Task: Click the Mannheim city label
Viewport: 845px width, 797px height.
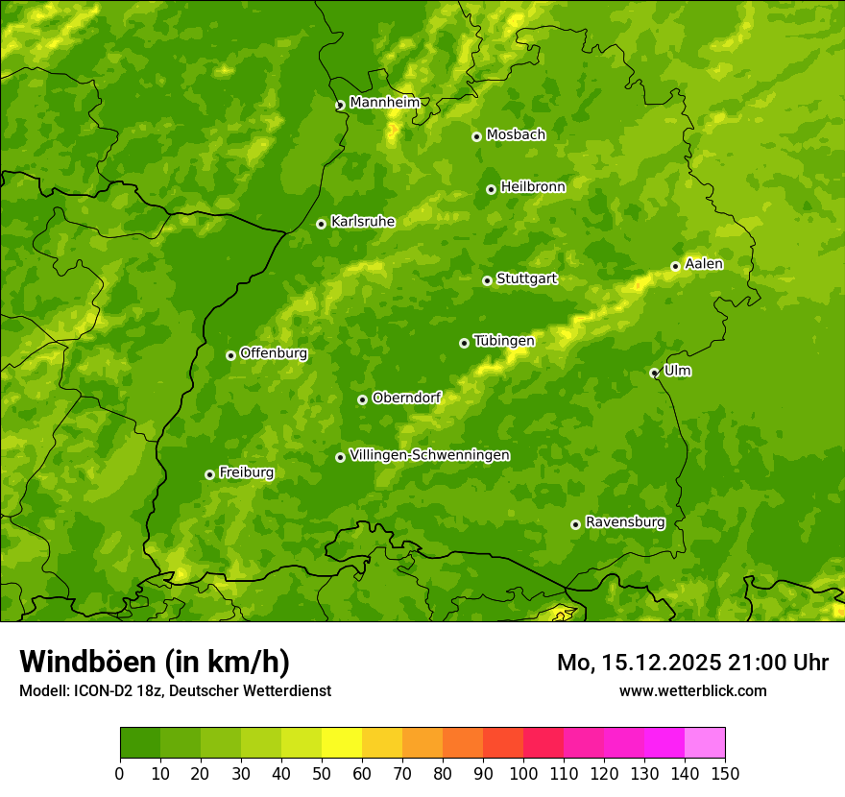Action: pos(384,103)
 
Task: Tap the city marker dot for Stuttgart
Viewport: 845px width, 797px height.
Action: pos(487,280)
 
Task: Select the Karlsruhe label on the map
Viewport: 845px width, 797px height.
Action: pos(362,222)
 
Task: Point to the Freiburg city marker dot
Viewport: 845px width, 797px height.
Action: pos(209,474)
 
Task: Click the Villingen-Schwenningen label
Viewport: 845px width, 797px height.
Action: pos(429,455)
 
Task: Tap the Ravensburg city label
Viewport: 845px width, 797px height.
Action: pos(624,522)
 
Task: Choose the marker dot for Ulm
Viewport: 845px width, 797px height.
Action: pos(654,373)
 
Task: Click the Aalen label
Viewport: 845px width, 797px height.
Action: pos(703,264)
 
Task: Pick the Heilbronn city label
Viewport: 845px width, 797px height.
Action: pos(533,187)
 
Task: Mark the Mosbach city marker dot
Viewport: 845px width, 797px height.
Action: pos(476,136)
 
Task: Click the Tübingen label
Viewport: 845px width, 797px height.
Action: pos(503,341)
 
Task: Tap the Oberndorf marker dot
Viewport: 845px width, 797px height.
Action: pos(362,399)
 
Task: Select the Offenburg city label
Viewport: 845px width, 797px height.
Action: pos(274,353)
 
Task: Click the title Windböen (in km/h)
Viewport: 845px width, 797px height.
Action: pos(155,662)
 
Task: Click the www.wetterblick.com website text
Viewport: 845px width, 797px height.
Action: pos(692,690)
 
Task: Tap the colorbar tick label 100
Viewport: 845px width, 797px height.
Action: pos(523,774)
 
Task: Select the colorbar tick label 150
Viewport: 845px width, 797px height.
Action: pos(725,774)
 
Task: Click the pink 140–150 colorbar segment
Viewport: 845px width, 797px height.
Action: pos(705,742)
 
